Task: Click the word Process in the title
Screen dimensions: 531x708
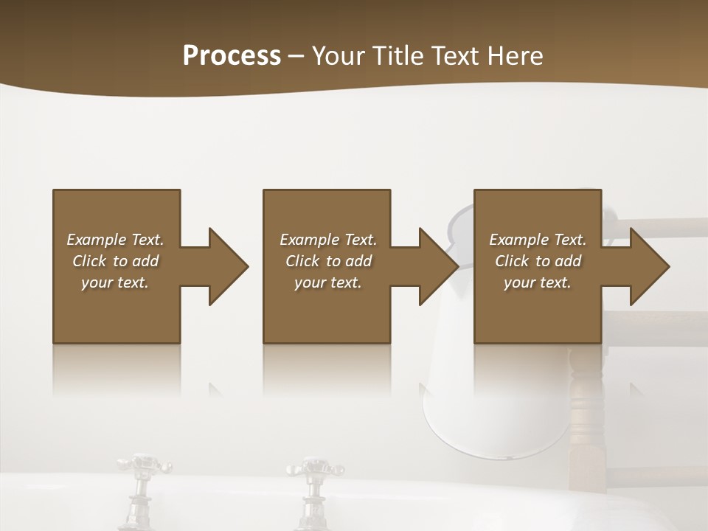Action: click(232, 56)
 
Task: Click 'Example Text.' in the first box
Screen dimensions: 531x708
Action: click(115, 240)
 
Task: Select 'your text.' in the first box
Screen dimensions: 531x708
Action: click(115, 282)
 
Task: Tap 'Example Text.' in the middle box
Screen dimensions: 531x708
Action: click(328, 240)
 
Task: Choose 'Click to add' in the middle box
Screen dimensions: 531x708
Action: click(328, 261)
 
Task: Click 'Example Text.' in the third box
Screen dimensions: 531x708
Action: click(538, 240)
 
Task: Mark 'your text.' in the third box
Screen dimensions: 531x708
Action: click(538, 282)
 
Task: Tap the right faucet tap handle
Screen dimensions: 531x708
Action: click(313, 468)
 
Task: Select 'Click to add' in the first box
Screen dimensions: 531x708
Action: click(115, 261)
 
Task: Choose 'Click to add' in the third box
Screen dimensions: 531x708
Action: click(538, 261)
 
